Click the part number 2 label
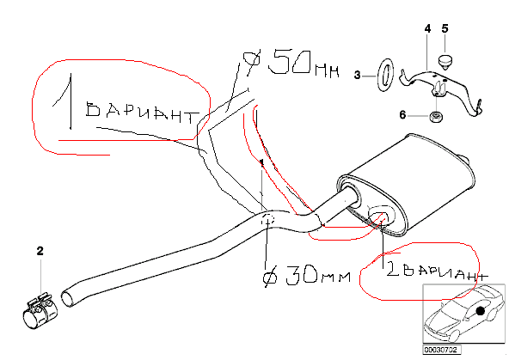40,251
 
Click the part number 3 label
358,76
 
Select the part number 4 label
428,29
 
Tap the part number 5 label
445,28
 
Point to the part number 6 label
402,115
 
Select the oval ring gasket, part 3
385,76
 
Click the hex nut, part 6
434,117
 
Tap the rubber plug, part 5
446,62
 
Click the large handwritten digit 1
65,101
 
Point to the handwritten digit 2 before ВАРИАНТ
393,269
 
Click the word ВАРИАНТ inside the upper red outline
143,113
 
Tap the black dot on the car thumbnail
480,311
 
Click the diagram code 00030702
441,350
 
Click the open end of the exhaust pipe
68,298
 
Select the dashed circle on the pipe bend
268,219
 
